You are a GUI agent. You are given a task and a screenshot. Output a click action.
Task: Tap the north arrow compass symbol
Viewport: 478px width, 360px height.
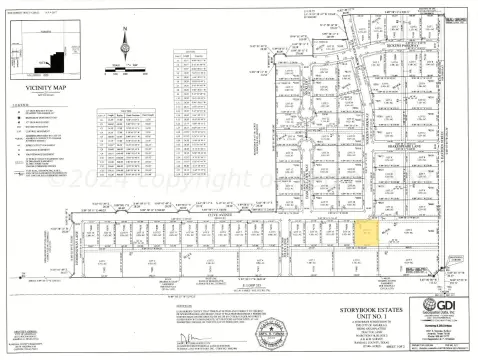(x=125, y=44)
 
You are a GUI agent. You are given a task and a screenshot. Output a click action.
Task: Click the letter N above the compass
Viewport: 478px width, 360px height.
(x=125, y=29)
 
